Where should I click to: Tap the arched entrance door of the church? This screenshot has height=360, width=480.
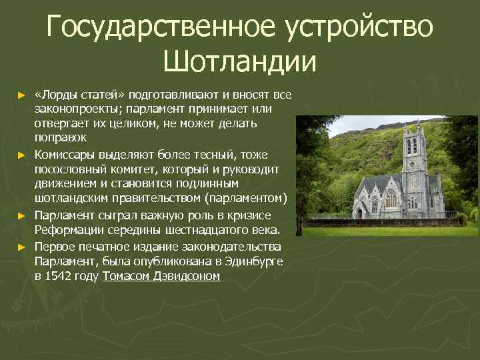click(x=359, y=213)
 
